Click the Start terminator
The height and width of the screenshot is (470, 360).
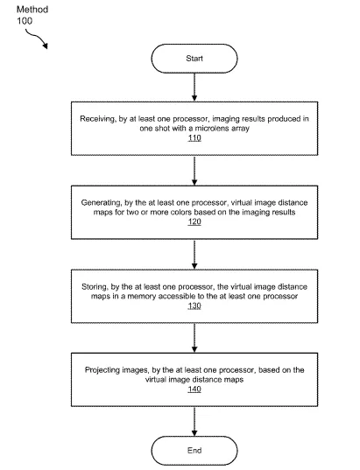194,59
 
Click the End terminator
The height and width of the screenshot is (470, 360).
194,451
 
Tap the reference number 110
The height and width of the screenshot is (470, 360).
194,138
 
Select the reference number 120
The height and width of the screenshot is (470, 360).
194,221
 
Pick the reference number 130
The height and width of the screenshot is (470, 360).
194,305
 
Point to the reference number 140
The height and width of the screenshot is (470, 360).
194,389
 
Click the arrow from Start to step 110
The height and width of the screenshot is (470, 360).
194,87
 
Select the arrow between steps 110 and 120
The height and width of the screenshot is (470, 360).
194,171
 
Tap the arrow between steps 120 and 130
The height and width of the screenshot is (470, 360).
194,255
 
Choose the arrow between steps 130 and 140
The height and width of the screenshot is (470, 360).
194,338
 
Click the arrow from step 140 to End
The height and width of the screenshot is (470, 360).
194,422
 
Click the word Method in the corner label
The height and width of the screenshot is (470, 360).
32,10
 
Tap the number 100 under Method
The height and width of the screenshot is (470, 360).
25,21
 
